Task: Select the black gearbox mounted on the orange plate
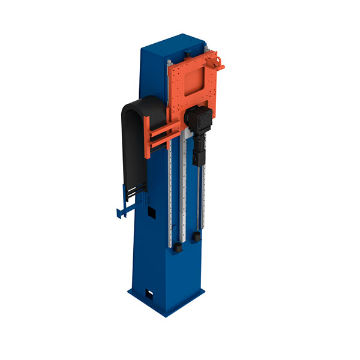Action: point(199,119)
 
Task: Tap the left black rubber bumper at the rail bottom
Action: point(178,246)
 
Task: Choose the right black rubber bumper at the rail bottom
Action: point(196,238)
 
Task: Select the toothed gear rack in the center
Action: point(185,192)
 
